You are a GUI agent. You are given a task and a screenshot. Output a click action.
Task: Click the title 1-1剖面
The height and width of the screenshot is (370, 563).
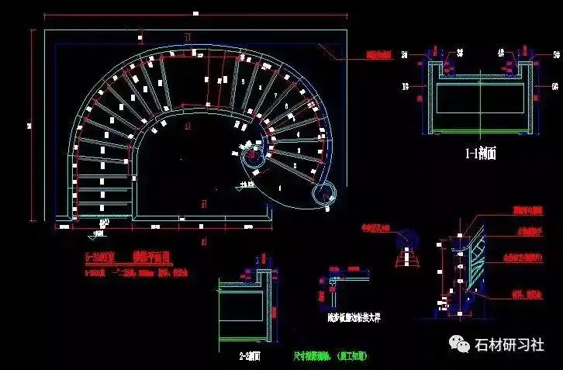480,154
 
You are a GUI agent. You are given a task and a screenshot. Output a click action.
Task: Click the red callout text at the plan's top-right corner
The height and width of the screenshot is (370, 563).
380,55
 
